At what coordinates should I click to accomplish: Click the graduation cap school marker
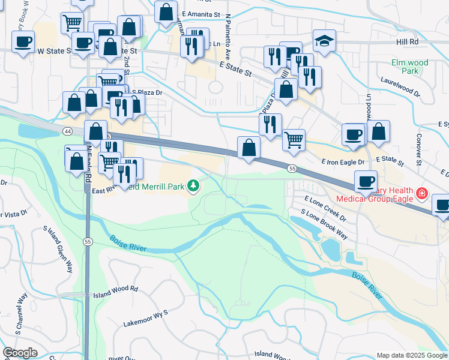click(x=324, y=41)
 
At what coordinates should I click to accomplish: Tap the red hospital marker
click(x=422, y=193)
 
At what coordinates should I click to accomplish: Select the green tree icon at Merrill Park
click(x=194, y=187)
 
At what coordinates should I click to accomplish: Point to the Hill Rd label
click(x=406, y=42)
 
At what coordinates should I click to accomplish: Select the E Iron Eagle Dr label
click(x=343, y=162)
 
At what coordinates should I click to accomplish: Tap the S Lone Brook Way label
click(x=324, y=223)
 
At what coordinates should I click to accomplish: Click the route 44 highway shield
click(x=65, y=130)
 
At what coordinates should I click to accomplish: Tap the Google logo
click(x=20, y=353)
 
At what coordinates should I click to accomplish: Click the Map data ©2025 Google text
click(x=411, y=355)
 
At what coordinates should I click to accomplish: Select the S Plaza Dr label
click(x=147, y=92)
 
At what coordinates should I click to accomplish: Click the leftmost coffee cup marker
click(x=23, y=42)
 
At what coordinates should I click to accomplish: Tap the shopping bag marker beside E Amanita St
click(x=166, y=11)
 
